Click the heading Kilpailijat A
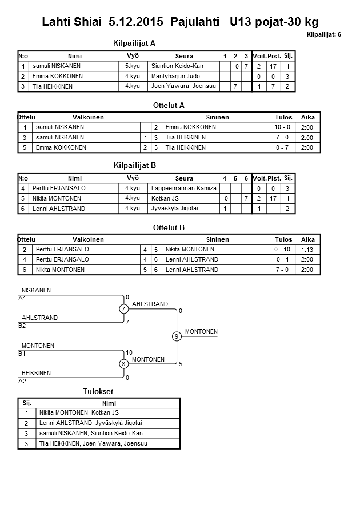pyautogui.click(x=135, y=43)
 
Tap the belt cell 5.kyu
pyautogui.click(x=133, y=66)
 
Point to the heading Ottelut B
pyautogui.click(x=169, y=227)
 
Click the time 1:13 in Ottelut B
pyautogui.click(x=307, y=249)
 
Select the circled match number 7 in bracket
pyautogui.click(x=124, y=309)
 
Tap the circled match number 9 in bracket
pyautogui.click(x=177, y=336)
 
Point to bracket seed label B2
pyautogui.click(x=22, y=326)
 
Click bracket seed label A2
pyautogui.click(x=22, y=380)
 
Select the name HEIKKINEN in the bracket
pyautogui.click(x=36, y=373)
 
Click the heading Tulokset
pyautogui.click(x=98, y=391)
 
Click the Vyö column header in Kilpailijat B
pyautogui.click(x=133, y=178)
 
